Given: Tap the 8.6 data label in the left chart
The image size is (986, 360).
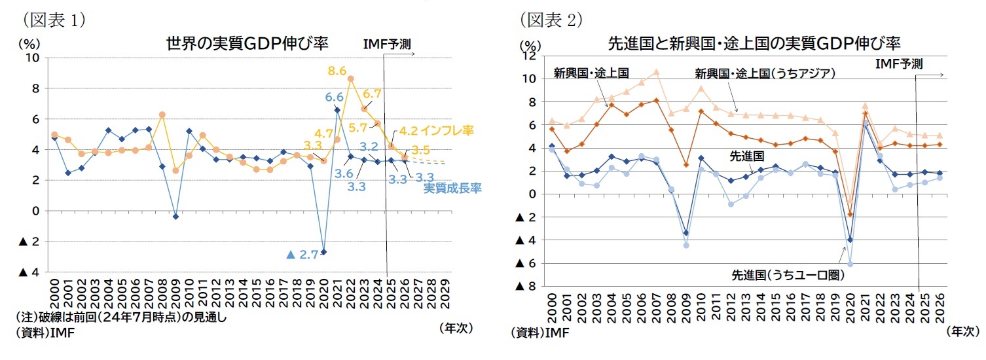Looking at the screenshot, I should click(337, 69).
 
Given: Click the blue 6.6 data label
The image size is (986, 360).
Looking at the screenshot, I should click(334, 97).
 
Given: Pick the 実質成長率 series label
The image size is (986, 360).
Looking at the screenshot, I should click(452, 189).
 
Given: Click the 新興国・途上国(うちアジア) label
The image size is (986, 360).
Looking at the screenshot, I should click(765, 73).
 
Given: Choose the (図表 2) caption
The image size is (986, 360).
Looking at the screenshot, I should click(551, 20).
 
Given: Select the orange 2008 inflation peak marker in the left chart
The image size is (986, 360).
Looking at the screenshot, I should click(162, 115).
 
